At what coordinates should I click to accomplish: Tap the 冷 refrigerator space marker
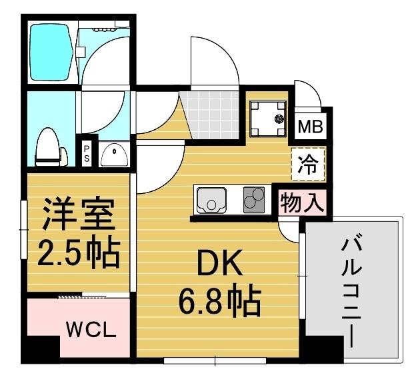(x=308, y=164)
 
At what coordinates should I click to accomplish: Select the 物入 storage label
(x=302, y=202)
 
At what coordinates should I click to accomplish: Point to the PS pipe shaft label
(x=87, y=154)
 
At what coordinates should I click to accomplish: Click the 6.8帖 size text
(x=218, y=302)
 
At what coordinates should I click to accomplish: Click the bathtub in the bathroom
(x=52, y=53)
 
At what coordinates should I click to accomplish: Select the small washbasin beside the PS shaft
(x=116, y=155)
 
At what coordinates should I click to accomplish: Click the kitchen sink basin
(x=211, y=199)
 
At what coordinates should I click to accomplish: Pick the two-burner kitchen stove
(x=254, y=199)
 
